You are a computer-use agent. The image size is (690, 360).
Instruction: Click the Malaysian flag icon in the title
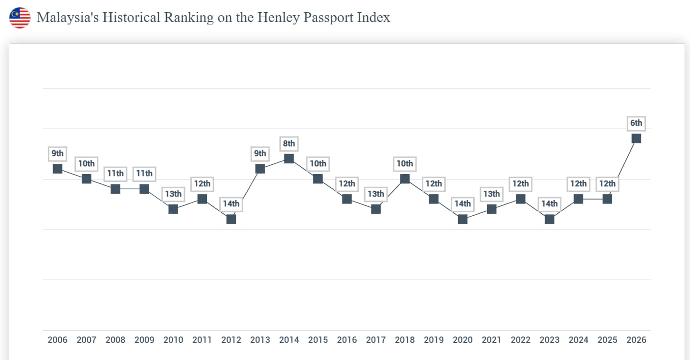[x=20, y=18]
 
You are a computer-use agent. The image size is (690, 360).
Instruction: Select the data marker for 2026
[x=636, y=138]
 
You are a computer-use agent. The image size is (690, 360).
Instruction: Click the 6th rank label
[x=636, y=123]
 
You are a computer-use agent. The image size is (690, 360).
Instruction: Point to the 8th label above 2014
[x=289, y=143]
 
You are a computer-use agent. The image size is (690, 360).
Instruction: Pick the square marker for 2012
[x=231, y=219]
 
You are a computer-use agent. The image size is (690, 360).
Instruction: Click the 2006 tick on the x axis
[x=57, y=340]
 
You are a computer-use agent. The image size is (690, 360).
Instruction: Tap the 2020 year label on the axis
[x=462, y=340]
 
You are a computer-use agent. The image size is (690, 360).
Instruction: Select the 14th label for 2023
[x=549, y=203]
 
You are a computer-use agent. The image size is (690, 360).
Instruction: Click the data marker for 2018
[x=405, y=179]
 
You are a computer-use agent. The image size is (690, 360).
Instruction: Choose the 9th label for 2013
[x=260, y=154]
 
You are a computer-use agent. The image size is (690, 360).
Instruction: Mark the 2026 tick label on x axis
[x=636, y=340]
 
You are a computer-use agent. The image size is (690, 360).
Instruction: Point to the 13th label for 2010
[x=173, y=194]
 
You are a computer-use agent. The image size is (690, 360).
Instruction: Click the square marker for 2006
[x=57, y=168]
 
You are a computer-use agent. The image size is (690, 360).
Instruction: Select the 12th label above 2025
[x=607, y=183]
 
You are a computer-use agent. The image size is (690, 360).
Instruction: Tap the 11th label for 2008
[x=115, y=174]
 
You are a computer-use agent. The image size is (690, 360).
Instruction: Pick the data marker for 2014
[x=289, y=158]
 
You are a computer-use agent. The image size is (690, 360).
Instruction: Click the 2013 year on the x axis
[x=260, y=340]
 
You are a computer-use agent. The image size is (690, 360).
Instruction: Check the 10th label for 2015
[x=318, y=163]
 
